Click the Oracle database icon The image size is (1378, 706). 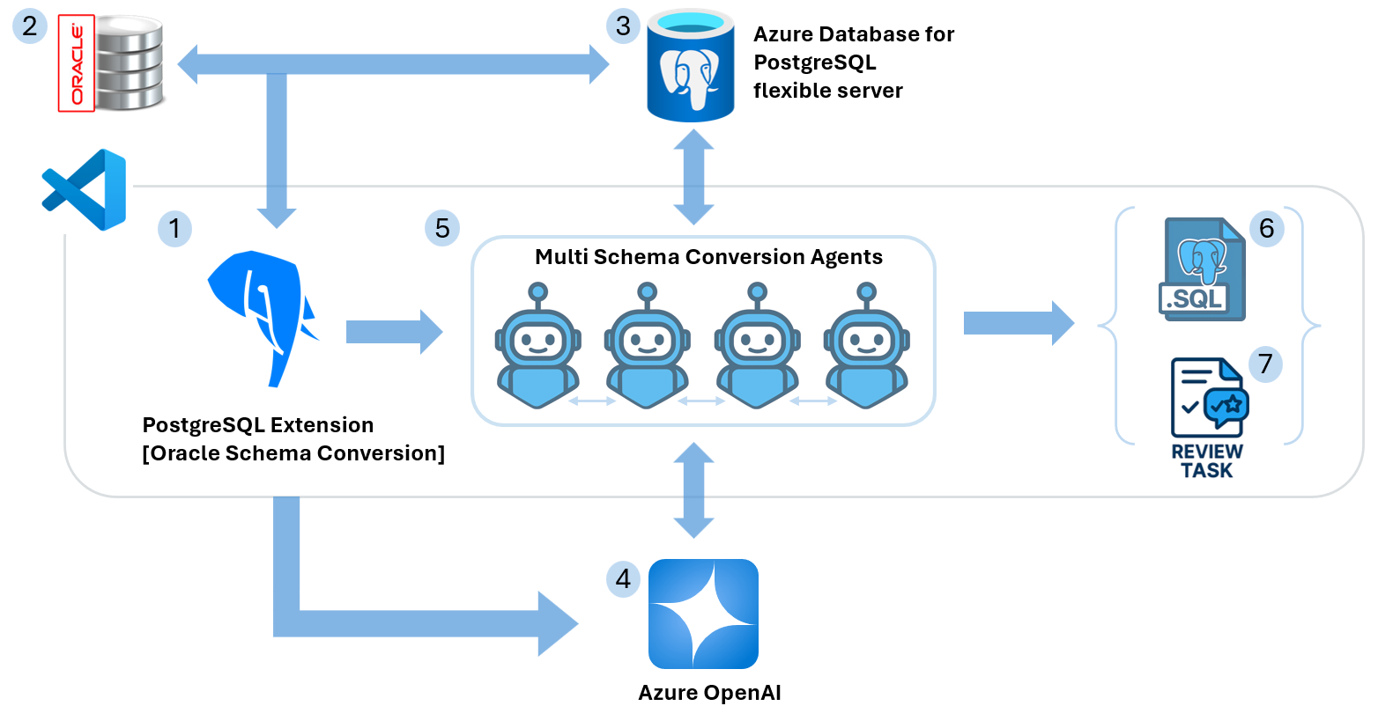point(112,63)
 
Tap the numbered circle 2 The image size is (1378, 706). point(30,26)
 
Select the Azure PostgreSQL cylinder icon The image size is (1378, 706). point(691,67)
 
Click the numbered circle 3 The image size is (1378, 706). point(624,26)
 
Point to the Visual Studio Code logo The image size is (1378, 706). point(85,189)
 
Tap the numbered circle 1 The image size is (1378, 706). point(174,229)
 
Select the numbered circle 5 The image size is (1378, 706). point(442,228)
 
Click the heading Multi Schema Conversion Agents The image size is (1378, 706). point(708,257)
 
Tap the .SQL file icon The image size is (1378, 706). point(1202,269)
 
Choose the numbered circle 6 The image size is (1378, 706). point(1266,229)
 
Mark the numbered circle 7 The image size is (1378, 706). point(1266,364)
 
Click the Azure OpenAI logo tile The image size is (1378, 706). point(703,614)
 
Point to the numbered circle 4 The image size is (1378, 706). point(624,579)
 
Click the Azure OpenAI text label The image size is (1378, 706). point(709,693)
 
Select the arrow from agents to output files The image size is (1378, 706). point(1018,323)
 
